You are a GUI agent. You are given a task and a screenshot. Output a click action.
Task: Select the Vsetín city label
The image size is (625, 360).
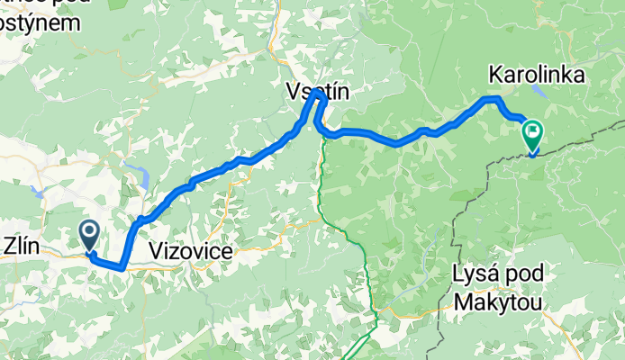316,92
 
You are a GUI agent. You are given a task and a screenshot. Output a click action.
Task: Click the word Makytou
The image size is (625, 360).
499,303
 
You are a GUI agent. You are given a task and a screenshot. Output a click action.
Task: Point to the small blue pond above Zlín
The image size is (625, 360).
37,192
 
